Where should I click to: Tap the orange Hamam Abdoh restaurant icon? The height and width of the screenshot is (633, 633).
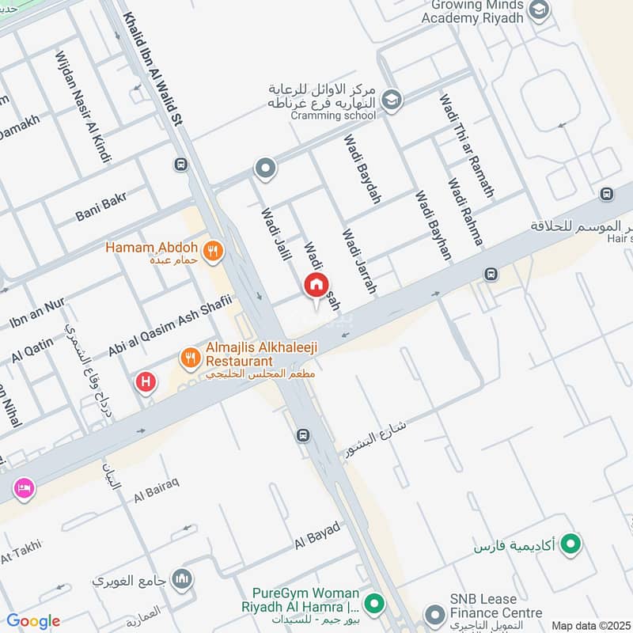coord(212,252)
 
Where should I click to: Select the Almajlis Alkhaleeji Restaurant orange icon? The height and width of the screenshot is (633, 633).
coord(189,358)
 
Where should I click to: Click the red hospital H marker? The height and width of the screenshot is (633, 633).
coord(146,382)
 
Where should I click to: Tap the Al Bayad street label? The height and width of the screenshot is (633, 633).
coord(316,536)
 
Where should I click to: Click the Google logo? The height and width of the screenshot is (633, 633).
coord(33,621)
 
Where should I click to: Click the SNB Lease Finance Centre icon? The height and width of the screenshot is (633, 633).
coord(434,614)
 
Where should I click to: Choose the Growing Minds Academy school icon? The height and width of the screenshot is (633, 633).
coord(539,11)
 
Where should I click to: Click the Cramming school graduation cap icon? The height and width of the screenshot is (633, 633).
coord(390,100)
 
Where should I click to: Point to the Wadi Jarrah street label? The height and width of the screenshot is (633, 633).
coord(358,262)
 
